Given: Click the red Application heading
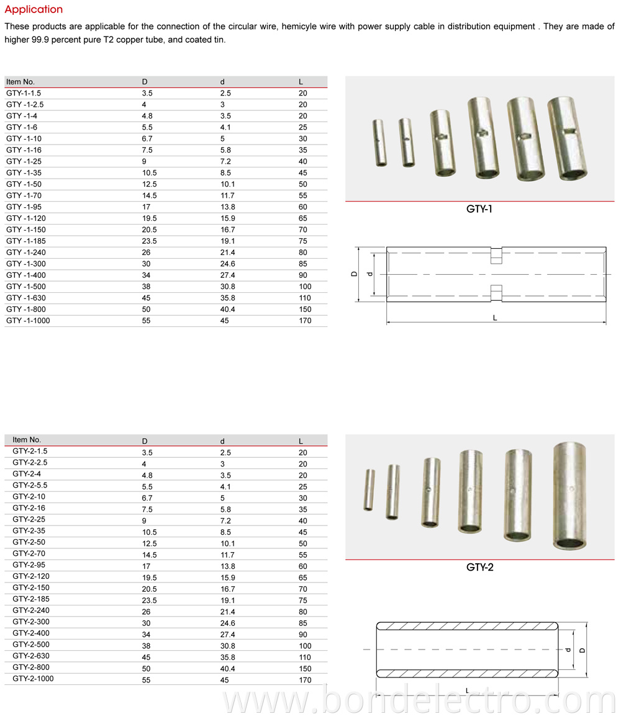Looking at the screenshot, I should tap(34, 9).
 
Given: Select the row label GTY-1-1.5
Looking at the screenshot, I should tap(24, 93).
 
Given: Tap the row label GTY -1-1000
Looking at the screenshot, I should tap(28, 321).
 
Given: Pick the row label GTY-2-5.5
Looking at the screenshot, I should tap(30, 485).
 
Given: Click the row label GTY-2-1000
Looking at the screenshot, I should tap(33, 679).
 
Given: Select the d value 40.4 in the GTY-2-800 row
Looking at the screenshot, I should tap(228, 668).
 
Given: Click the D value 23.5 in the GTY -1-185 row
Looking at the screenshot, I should tap(148, 241).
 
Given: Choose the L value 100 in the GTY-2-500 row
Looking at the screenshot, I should tap(305, 646).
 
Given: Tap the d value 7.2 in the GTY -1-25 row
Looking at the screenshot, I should tap(225, 161).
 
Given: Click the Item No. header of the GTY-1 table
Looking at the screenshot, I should tap(20, 82).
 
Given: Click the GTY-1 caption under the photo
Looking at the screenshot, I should tap(479, 210).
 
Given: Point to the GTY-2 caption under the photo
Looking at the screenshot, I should tap(479, 567).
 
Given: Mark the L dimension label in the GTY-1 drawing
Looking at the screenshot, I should tap(495, 318).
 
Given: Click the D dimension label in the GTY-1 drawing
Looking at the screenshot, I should tap(354, 274).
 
